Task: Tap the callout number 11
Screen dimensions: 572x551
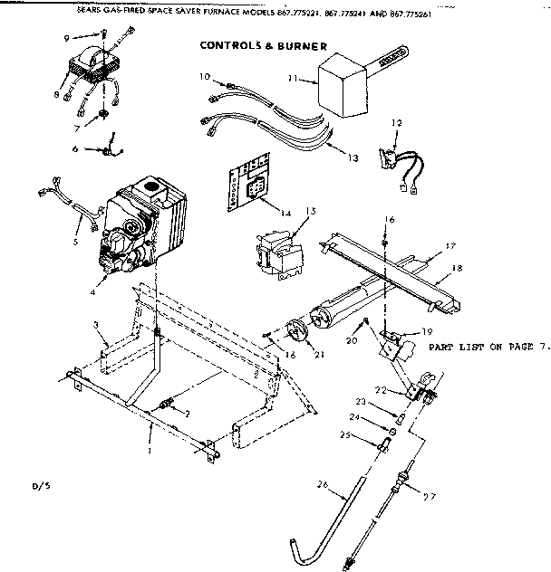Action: click(x=293, y=79)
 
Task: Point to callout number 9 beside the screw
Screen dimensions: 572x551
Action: click(x=67, y=38)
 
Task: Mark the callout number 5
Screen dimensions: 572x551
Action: click(x=76, y=243)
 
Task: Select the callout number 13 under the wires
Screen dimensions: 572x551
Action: click(x=353, y=157)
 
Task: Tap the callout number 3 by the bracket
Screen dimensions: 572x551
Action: click(x=93, y=323)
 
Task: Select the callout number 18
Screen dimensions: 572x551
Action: click(x=457, y=268)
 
